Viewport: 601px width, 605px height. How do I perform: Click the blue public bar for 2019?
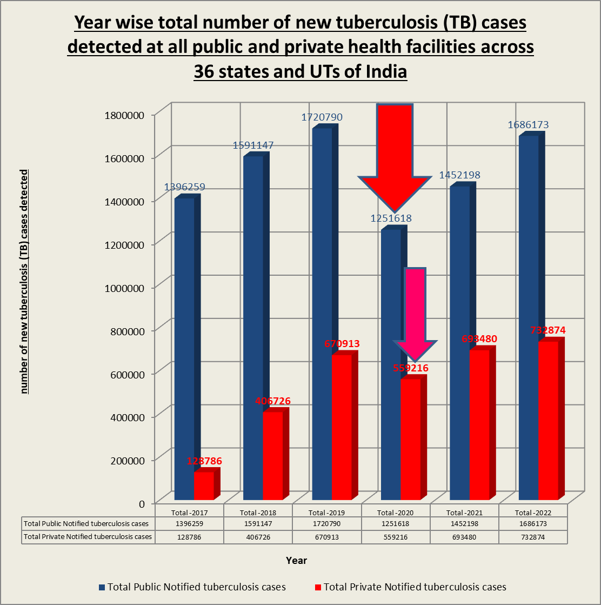pyautogui.click(x=322, y=314)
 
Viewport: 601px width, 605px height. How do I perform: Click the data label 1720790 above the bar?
pyautogui.click(x=322, y=117)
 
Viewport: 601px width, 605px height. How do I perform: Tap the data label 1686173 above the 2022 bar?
pyautogui.click(x=528, y=125)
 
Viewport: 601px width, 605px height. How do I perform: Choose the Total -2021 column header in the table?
pyautogui.click(x=464, y=513)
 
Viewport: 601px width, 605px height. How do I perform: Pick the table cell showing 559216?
pyautogui.click(x=396, y=537)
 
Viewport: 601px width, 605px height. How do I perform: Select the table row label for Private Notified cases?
pyautogui.click(x=88, y=537)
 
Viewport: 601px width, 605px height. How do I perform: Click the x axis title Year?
pyautogui.click(x=296, y=561)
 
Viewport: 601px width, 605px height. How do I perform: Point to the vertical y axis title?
pyautogui.click(x=24, y=281)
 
